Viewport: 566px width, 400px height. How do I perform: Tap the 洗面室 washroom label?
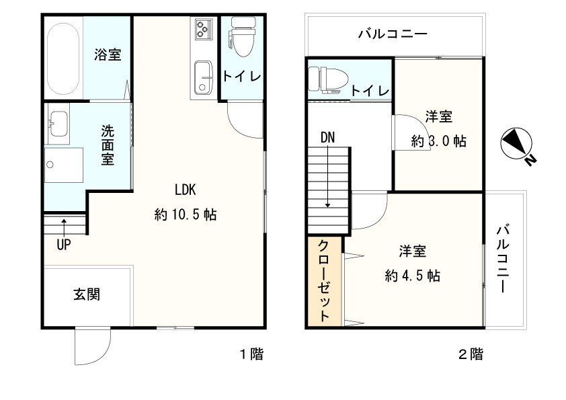(x=108, y=145)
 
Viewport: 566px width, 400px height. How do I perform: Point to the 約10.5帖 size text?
(x=185, y=215)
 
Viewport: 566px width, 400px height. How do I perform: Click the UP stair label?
(x=63, y=245)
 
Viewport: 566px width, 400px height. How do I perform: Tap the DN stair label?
(x=327, y=137)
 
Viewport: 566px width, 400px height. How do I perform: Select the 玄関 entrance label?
(x=87, y=294)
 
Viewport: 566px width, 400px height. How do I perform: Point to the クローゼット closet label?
(x=324, y=282)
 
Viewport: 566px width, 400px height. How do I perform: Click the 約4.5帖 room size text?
(x=413, y=276)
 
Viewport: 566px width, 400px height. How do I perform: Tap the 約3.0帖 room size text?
(x=438, y=142)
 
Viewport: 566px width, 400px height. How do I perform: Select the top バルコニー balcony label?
(x=393, y=33)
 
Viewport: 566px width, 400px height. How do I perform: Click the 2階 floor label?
(x=471, y=354)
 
